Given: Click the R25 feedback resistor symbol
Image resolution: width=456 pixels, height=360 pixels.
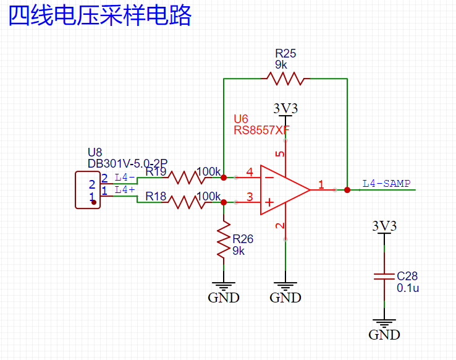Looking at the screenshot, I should [285, 79].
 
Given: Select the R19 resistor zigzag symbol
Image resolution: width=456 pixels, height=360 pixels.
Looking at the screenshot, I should [186, 178].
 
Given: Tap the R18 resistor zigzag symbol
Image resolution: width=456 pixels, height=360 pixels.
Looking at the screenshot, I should [186, 202].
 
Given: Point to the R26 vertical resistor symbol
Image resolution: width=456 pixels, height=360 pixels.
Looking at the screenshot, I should [223, 241].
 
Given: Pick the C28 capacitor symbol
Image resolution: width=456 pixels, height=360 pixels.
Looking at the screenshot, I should [384, 275].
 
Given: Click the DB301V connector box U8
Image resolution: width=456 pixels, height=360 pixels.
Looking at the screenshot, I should [87, 191].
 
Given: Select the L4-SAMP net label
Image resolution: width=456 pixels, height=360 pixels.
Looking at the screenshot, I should [386, 184].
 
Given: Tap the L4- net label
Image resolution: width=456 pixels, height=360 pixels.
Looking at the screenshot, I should [125, 178].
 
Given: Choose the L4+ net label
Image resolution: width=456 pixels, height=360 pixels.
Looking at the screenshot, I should [125, 190].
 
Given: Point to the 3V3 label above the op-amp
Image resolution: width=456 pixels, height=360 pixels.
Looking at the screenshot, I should [285, 109].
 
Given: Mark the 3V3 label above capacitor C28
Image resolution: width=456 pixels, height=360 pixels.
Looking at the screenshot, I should [384, 226].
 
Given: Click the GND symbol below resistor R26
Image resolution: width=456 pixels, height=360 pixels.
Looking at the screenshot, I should [223, 291].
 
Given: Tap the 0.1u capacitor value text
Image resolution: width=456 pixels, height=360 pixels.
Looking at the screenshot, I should [407, 288].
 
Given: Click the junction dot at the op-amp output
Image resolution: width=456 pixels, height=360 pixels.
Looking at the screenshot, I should [347, 190].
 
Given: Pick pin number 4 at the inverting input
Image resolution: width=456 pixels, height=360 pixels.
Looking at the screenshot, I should [250, 171].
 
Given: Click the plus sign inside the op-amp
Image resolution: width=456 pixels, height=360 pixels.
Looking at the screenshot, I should [269, 202].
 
